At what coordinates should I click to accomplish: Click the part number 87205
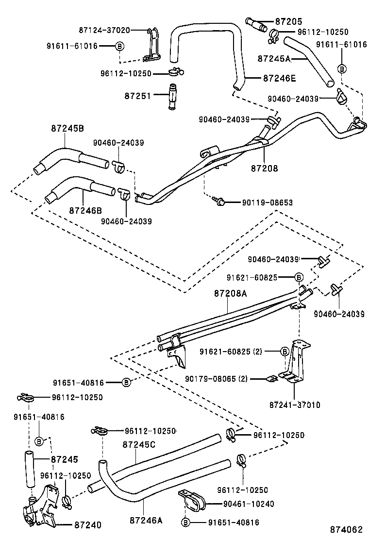point(288,21)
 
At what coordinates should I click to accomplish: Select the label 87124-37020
point(104,30)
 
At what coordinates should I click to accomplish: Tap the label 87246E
point(279,77)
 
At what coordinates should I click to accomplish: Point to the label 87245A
point(274,58)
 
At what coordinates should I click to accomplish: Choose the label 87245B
point(67,129)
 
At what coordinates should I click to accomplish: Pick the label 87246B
point(85,210)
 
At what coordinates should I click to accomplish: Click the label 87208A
point(231,294)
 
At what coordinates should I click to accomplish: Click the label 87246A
point(146,520)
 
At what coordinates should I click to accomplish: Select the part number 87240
point(88,525)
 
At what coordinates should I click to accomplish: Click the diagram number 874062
point(347,530)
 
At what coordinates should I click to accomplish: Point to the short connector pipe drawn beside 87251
point(172,97)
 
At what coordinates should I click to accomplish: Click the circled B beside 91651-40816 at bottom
point(185,523)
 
